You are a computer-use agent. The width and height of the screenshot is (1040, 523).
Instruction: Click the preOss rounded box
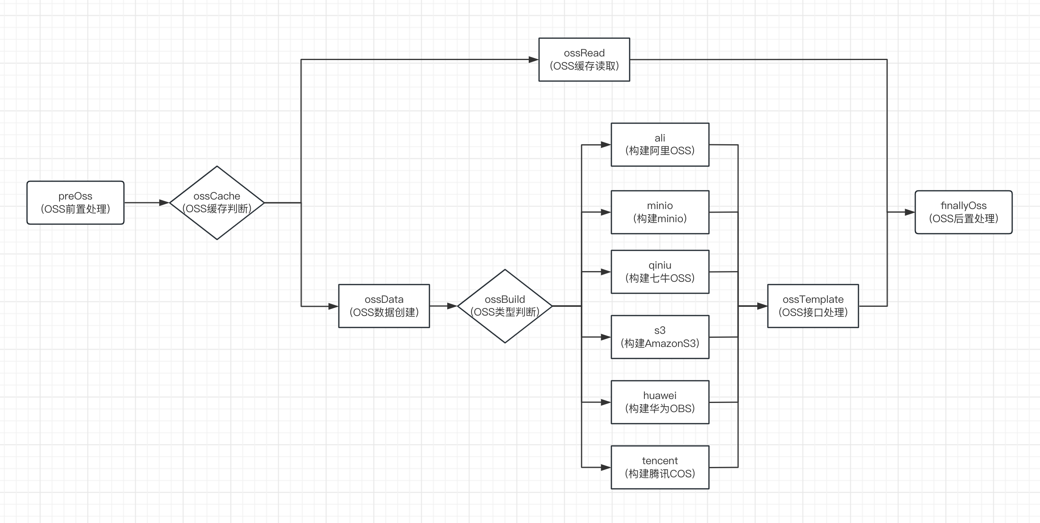point(75,202)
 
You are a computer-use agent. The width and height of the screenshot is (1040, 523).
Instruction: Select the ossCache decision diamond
point(217,202)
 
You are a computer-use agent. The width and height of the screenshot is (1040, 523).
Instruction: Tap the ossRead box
point(584,59)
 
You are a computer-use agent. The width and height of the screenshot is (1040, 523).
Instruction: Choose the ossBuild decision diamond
point(505,306)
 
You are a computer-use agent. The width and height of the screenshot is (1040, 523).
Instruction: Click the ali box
point(660,144)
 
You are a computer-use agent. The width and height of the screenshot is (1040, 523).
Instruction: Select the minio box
point(660,212)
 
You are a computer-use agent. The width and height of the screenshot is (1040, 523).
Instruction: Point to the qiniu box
point(660,271)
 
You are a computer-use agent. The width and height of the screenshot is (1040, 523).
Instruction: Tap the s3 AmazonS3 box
point(660,337)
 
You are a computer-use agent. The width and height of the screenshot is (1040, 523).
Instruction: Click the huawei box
point(660,402)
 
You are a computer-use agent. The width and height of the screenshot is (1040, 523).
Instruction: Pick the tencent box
point(660,467)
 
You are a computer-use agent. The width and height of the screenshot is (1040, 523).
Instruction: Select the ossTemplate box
point(813,306)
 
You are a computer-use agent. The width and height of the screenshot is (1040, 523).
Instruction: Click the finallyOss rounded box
point(963,212)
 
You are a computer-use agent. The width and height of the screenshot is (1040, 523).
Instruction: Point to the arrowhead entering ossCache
point(164,202)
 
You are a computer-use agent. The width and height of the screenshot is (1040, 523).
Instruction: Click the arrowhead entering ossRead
point(534,59)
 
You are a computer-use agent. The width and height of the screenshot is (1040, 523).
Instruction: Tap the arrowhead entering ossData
point(333,306)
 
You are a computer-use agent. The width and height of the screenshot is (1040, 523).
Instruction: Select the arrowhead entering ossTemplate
point(762,306)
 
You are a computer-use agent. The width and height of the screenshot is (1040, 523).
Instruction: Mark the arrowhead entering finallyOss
point(910,212)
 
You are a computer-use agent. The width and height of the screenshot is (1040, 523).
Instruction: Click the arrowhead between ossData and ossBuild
point(452,306)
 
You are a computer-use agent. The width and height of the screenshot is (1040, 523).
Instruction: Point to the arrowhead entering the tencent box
point(605,467)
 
